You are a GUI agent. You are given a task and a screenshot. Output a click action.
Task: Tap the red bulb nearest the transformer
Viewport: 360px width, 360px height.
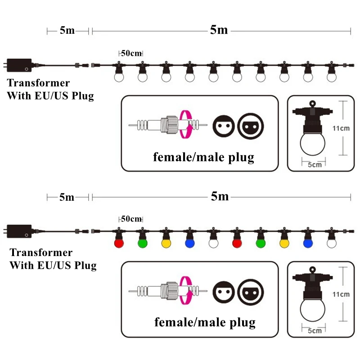pos(119,243)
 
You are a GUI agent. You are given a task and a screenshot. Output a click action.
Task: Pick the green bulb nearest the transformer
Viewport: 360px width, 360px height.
pos(142,243)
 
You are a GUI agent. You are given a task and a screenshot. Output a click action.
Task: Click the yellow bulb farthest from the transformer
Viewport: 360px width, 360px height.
pos(283,243)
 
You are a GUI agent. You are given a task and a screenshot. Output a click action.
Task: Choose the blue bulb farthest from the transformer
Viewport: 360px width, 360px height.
pos(307,243)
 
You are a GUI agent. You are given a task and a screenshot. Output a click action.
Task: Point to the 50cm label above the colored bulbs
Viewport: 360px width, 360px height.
pos(131,219)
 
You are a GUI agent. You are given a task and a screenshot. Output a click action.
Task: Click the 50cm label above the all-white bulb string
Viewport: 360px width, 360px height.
pos(131,53)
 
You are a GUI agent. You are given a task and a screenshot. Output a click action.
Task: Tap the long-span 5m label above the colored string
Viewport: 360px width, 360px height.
pos(220,197)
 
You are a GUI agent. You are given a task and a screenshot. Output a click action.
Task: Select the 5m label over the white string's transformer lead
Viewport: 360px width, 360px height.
pos(67,31)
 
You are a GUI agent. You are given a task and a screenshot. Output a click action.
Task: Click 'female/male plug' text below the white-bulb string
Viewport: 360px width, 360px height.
pos(204,157)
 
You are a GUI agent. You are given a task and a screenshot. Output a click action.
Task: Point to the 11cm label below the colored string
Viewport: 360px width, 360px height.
pos(341,294)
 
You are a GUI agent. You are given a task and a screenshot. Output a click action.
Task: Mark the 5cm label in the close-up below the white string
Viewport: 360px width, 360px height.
pos(315,165)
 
